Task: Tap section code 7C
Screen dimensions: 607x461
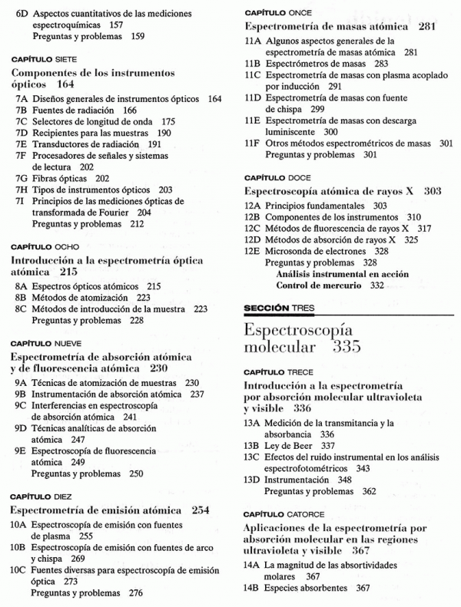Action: (x=22, y=121)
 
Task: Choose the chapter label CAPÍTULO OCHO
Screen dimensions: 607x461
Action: (x=42, y=248)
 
